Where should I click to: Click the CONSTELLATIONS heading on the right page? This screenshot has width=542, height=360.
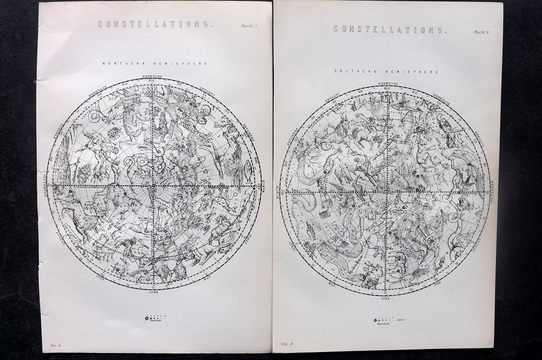tap(389, 29)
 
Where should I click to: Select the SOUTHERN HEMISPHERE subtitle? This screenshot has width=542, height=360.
tap(388, 71)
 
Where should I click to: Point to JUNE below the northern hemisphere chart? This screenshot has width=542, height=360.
tap(154, 292)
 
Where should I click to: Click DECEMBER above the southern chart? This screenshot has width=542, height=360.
tap(387, 83)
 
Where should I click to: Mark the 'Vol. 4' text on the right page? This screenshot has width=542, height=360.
tap(287, 343)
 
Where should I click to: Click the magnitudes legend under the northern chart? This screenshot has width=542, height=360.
tap(156, 319)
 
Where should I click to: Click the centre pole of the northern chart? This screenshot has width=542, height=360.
tap(154, 185)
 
